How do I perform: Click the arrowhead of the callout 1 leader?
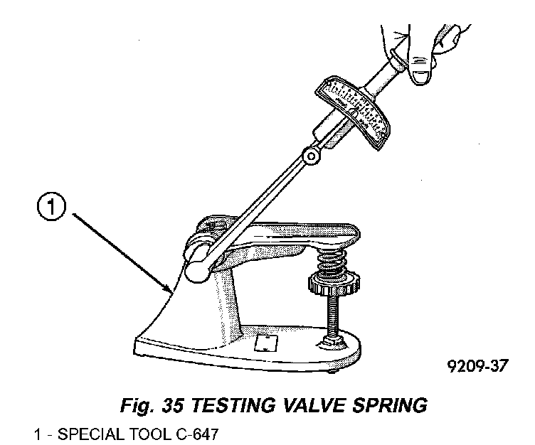tap(169, 291)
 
